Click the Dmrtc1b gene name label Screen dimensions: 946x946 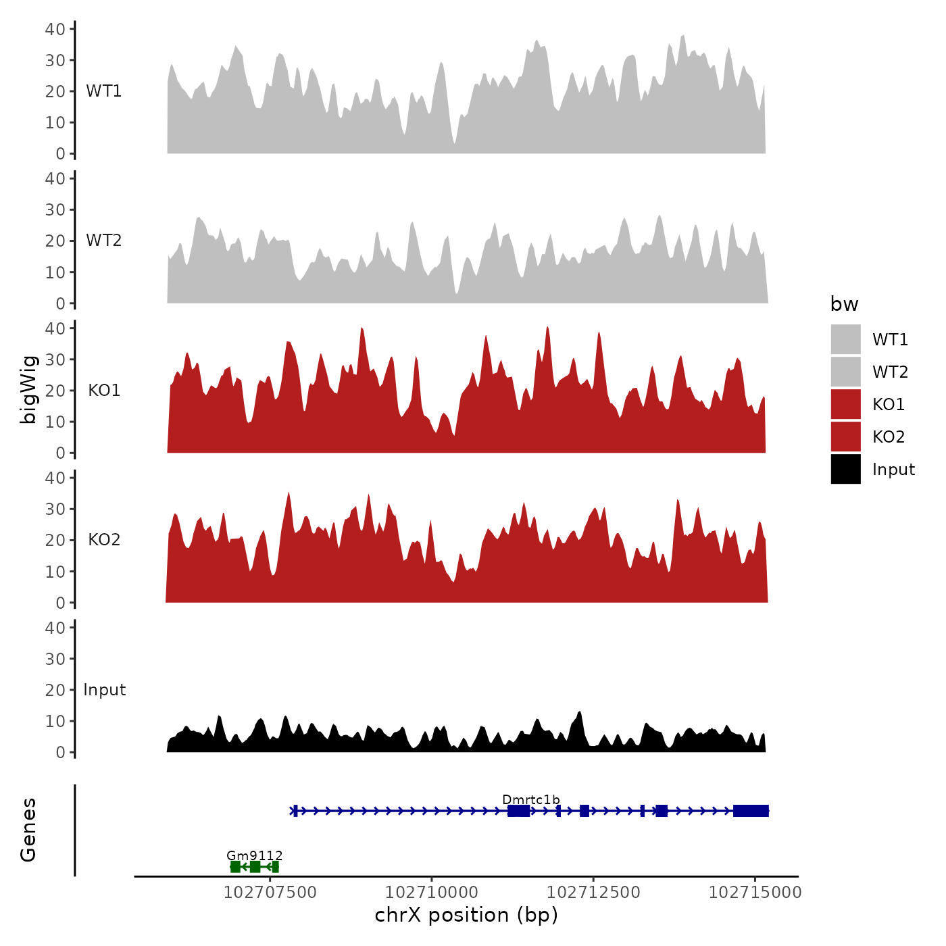(x=530, y=800)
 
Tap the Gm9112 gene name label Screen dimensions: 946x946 (x=254, y=855)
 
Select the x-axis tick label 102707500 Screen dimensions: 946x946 (x=270, y=893)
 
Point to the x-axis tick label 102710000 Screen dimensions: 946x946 (x=431, y=893)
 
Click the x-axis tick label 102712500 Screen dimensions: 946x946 (x=593, y=893)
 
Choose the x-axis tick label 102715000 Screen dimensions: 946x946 (x=755, y=893)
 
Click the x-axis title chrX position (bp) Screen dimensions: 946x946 (x=466, y=915)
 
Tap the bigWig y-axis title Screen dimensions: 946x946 (x=28, y=389)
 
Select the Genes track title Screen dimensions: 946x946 (x=28, y=830)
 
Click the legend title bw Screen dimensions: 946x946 (x=844, y=304)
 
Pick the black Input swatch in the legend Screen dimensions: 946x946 (x=845, y=469)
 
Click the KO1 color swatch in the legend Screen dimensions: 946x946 (x=845, y=404)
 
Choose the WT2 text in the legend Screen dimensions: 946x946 (x=890, y=372)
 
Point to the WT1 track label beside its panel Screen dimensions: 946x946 (x=103, y=91)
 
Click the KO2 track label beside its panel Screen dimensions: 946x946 (x=104, y=540)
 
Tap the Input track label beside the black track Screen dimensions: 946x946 (x=104, y=690)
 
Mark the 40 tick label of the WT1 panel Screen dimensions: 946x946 (x=55, y=29)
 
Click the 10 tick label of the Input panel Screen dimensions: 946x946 (x=55, y=721)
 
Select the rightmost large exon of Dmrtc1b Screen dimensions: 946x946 (x=751, y=811)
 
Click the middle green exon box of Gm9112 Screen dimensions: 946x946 (x=255, y=867)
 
